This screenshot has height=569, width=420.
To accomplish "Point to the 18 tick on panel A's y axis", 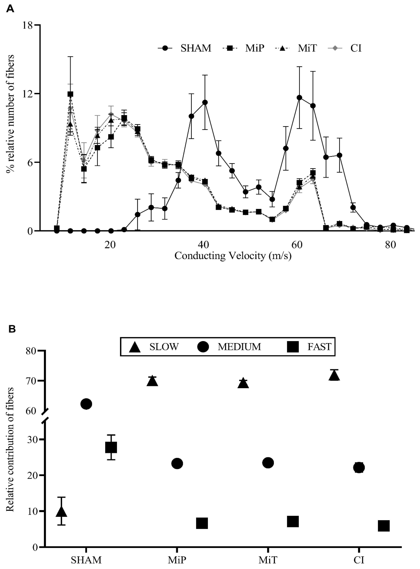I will coord(28,25).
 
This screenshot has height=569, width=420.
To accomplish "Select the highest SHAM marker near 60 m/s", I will coord(299,97).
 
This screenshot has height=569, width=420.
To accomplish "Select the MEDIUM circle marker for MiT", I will coord(268,463).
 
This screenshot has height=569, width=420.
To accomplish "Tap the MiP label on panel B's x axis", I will coord(177,560).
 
